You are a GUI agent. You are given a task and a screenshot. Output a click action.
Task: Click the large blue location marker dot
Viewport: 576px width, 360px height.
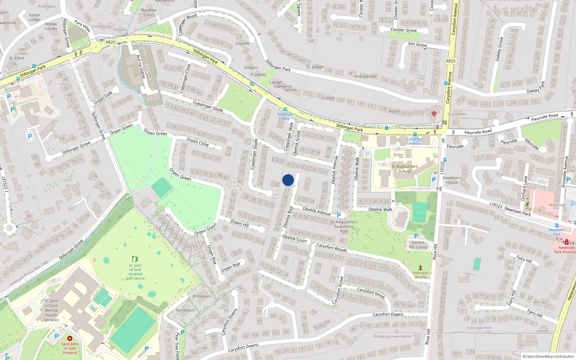click(x=288, y=180)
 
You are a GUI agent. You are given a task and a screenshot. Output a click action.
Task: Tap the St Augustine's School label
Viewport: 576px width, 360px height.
click(x=405, y=169)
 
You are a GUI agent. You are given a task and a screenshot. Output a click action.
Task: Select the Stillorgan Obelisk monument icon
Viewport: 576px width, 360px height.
click(x=420, y=268)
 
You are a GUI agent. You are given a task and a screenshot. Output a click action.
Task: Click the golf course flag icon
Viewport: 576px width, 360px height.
click(x=135, y=259)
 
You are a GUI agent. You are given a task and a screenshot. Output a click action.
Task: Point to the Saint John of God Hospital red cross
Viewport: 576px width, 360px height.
click(x=69, y=338)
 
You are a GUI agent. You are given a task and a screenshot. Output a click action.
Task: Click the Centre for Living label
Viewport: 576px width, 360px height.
click(x=418, y=245)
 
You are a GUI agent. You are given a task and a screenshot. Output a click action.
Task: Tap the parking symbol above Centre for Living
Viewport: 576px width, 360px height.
click(x=416, y=237)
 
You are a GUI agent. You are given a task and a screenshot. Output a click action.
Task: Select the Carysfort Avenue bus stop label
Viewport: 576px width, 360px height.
click(x=415, y=141)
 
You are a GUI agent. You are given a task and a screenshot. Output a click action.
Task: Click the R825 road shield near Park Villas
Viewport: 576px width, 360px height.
click(x=111, y=42)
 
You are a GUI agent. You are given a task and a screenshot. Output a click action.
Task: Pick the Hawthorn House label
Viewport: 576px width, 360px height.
click(x=452, y=180)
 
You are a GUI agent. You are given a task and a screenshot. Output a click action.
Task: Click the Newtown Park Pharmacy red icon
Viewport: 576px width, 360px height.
click(x=566, y=242)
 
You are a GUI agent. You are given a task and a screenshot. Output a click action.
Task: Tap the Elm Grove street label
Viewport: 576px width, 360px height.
click(x=418, y=45)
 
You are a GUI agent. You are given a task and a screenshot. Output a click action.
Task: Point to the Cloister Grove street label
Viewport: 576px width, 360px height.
click(x=404, y=30)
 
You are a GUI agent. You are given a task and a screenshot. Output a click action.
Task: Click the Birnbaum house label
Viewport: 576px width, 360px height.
click(x=202, y=296)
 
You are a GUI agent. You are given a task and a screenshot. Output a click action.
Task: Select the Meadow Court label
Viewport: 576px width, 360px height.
click(x=149, y=12)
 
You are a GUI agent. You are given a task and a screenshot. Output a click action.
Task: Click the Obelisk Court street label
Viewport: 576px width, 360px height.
click(x=294, y=239)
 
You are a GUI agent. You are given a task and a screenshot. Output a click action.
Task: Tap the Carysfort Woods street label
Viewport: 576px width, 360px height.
click(x=332, y=247)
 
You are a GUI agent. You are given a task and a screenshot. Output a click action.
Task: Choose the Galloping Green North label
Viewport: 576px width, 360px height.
click(x=392, y=337)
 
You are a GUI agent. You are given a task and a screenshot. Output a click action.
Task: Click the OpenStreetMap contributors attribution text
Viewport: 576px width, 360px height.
click(x=549, y=356)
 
